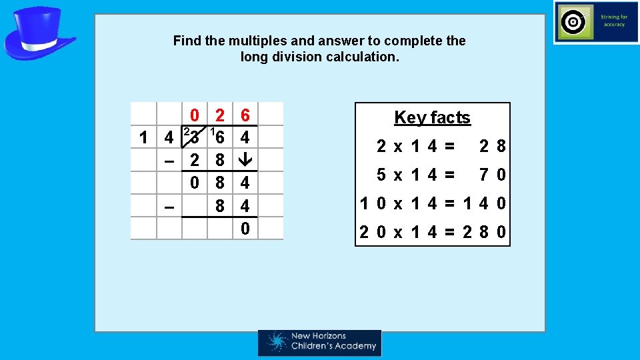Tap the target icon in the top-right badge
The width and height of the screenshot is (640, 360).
click(x=572, y=23)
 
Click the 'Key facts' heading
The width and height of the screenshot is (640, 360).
click(x=432, y=118)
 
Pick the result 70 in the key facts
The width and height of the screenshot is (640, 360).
click(x=493, y=175)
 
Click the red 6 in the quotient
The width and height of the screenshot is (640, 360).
click(x=245, y=116)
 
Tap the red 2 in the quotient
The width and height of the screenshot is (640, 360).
click(x=219, y=116)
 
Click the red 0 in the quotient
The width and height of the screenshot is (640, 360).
click(x=193, y=116)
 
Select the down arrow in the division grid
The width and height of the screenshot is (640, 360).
click(x=245, y=160)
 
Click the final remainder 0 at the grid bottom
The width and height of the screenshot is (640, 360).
click(x=245, y=229)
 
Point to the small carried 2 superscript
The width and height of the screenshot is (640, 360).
click(x=187, y=131)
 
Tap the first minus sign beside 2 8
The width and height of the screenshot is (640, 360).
click(x=169, y=161)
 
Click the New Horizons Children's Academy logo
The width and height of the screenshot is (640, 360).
click(x=320, y=343)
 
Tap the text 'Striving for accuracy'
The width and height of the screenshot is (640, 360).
click(x=613, y=21)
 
